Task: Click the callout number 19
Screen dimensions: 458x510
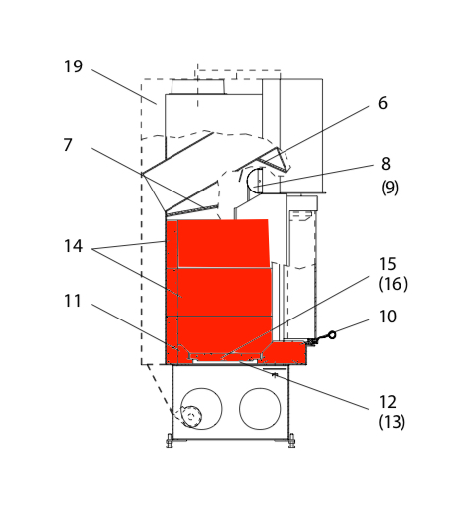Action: (73, 66)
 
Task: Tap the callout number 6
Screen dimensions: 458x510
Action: (383, 103)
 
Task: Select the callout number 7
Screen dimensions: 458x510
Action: (68, 145)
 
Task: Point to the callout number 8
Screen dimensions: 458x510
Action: (386, 164)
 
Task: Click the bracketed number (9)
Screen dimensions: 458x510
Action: (390, 188)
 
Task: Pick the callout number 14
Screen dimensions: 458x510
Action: (73, 246)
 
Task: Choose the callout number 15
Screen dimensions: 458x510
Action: (388, 264)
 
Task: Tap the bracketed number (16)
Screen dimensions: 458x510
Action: (393, 284)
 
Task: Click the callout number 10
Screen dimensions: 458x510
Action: (388, 317)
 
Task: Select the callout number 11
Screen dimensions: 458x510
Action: (73, 301)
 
